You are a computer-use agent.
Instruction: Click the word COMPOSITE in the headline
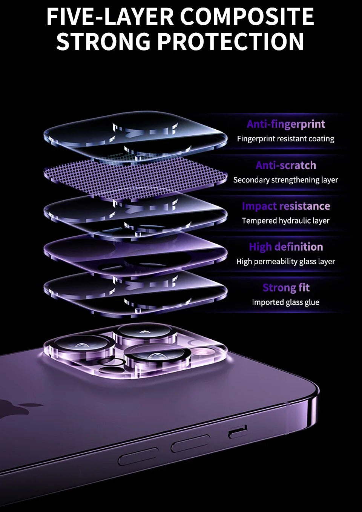pos(247,17)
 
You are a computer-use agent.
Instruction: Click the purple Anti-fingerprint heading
pos(286,124)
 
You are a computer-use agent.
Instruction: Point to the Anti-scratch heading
pos(286,165)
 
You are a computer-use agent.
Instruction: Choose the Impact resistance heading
pos(286,206)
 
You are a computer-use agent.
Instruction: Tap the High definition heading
pos(286,247)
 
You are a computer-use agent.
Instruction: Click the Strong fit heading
pos(286,288)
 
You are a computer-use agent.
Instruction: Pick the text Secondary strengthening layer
pos(285,180)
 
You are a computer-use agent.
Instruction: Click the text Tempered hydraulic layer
pos(286,221)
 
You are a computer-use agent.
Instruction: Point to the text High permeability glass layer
pos(286,262)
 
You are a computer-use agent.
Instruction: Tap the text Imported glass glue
pos(286,302)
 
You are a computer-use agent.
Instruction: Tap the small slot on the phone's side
pos(238,432)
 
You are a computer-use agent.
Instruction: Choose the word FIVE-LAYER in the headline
pos(110,17)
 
